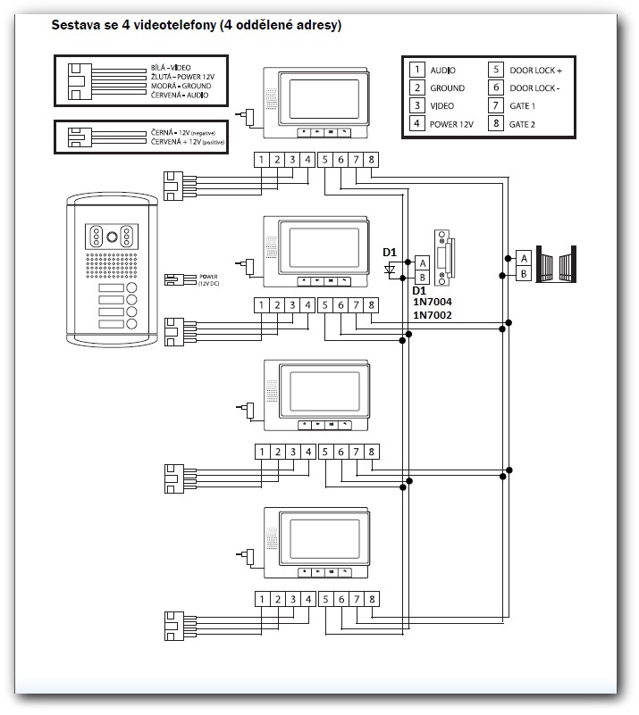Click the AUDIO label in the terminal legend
point(443,70)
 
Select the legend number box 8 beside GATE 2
point(496,125)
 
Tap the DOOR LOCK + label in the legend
point(536,70)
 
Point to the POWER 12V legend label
point(452,125)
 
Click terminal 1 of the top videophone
point(260,160)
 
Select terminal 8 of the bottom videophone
point(372,599)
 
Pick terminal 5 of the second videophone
point(324,306)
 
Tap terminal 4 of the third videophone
point(307,452)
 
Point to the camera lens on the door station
point(112,237)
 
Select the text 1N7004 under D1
point(432,302)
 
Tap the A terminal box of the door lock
point(423,262)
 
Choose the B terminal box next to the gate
point(524,273)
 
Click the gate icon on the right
point(558,265)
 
